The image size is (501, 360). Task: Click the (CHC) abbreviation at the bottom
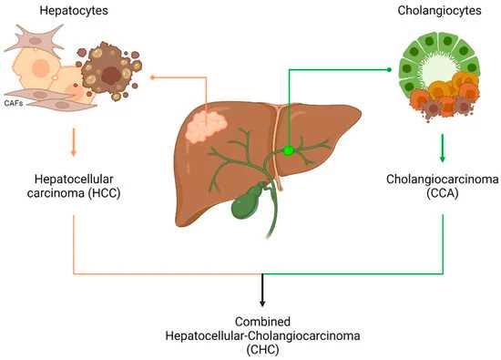[x=263, y=351]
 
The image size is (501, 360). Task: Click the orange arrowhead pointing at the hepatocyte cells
[x=154, y=78]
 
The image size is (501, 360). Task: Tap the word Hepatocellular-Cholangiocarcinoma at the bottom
[x=263, y=337]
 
